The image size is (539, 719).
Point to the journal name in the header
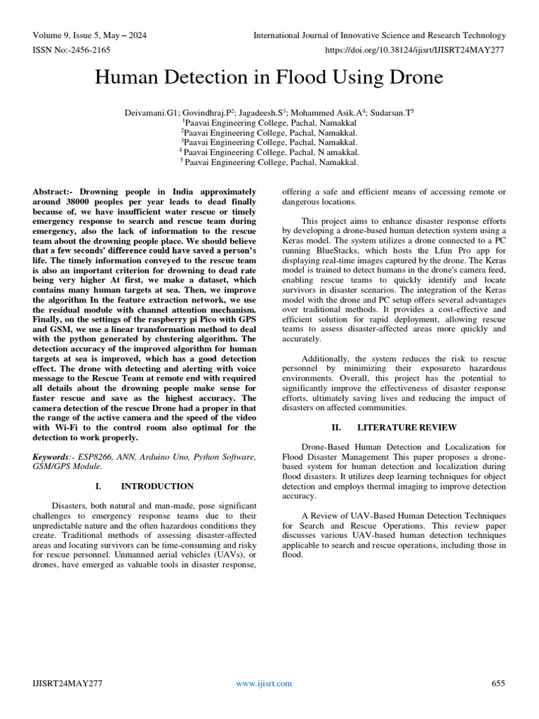[x=379, y=35]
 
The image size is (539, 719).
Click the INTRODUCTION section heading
[x=157, y=486]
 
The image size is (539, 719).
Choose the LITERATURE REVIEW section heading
[x=406, y=427]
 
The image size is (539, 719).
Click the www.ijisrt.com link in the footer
[x=264, y=683]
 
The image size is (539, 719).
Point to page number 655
[x=498, y=683]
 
